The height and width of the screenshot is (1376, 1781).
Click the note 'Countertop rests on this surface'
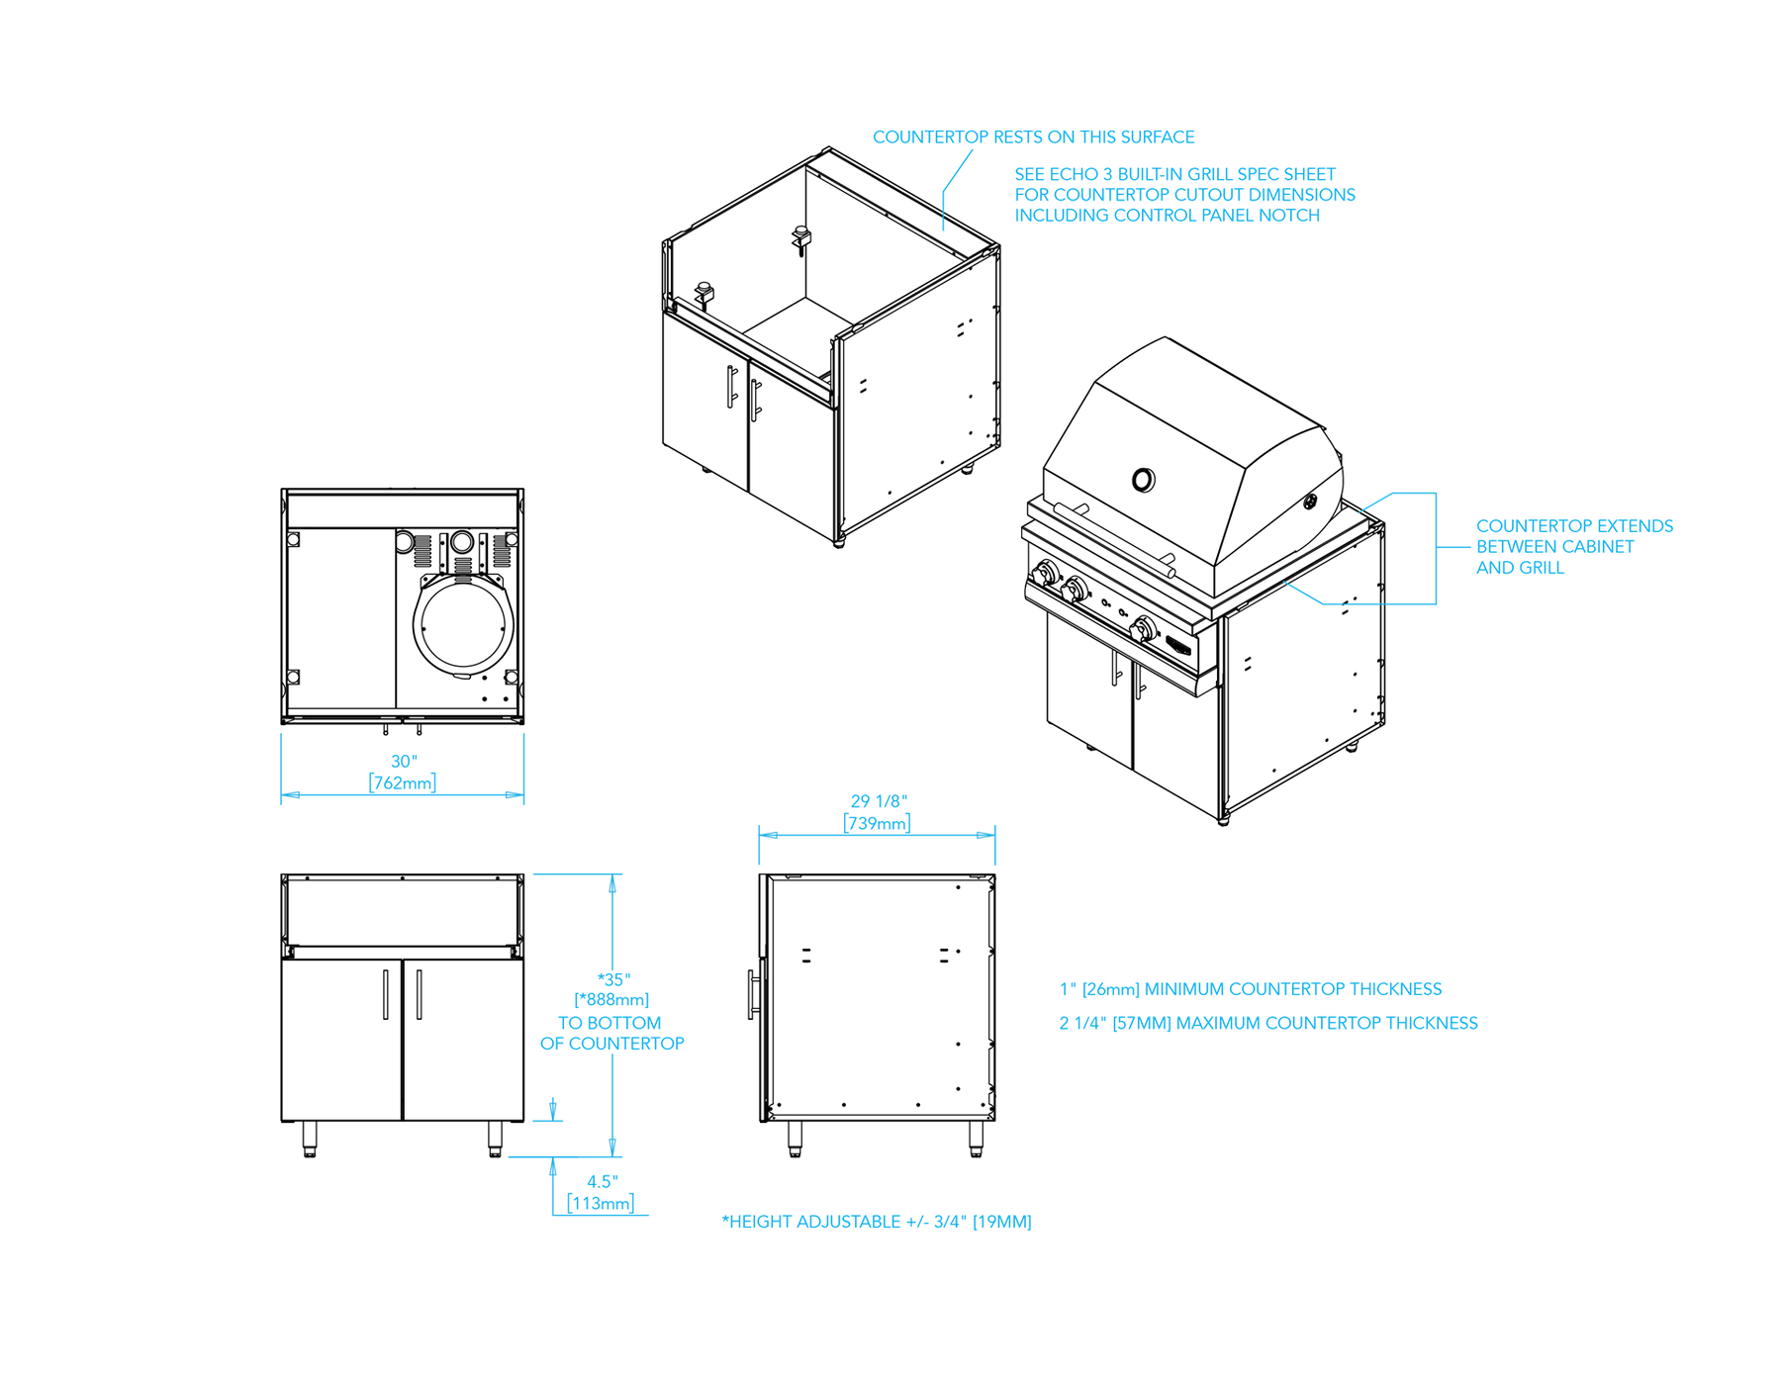coord(1033,138)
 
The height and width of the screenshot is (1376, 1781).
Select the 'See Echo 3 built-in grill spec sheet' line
coord(1174,174)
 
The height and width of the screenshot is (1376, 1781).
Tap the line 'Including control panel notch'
coord(1167,216)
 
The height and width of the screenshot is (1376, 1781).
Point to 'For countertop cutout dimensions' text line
coord(1184,195)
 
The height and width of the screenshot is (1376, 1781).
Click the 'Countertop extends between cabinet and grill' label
coord(1573,546)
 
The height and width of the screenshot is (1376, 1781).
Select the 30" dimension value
coord(403,762)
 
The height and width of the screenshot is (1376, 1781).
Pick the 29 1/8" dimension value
coord(878,802)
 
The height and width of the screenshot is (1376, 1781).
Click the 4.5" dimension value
coord(602,1181)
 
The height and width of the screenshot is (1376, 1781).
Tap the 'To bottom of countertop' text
coord(611,1033)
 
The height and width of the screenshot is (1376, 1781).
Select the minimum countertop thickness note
coord(1250,988)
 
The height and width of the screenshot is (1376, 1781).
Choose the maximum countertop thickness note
coord(1267,1023)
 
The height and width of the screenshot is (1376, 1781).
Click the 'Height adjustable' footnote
coord(877,1222)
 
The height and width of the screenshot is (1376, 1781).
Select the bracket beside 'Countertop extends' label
coord(1436,546)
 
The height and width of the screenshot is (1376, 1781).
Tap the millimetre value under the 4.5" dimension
coord(600,1204)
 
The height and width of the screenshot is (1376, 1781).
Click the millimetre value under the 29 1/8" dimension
coord(877,822)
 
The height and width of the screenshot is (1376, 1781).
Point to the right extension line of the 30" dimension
coord(523,769)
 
